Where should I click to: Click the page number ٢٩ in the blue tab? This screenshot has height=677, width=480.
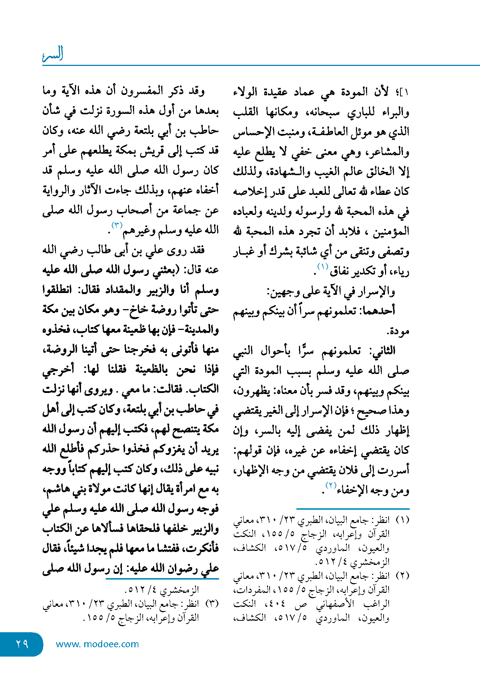[22, 644]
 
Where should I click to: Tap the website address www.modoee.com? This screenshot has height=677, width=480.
[97, 644]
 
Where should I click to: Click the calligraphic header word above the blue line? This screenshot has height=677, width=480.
[53, 54]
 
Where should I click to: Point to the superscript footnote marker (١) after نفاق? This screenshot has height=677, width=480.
[323, 267]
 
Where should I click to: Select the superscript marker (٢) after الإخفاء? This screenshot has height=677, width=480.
[330, 485]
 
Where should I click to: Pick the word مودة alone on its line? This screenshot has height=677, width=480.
[398, 331]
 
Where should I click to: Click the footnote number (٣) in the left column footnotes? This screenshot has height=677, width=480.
[212, 604]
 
